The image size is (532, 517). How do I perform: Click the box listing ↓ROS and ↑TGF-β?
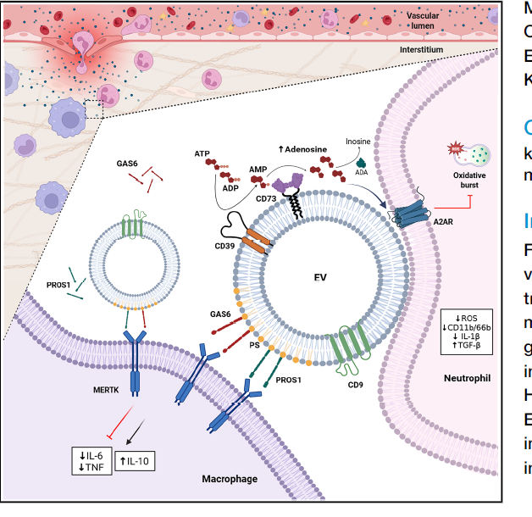[466, 331]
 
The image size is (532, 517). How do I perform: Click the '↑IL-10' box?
[135, 461]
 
